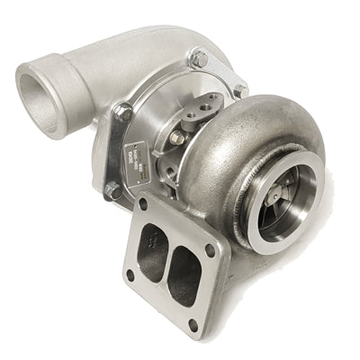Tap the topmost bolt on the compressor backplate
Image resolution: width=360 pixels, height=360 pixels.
(199, 57)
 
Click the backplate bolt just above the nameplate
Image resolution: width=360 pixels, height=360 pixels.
(123, 112)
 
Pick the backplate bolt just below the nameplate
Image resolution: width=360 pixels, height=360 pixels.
(112, 190)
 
